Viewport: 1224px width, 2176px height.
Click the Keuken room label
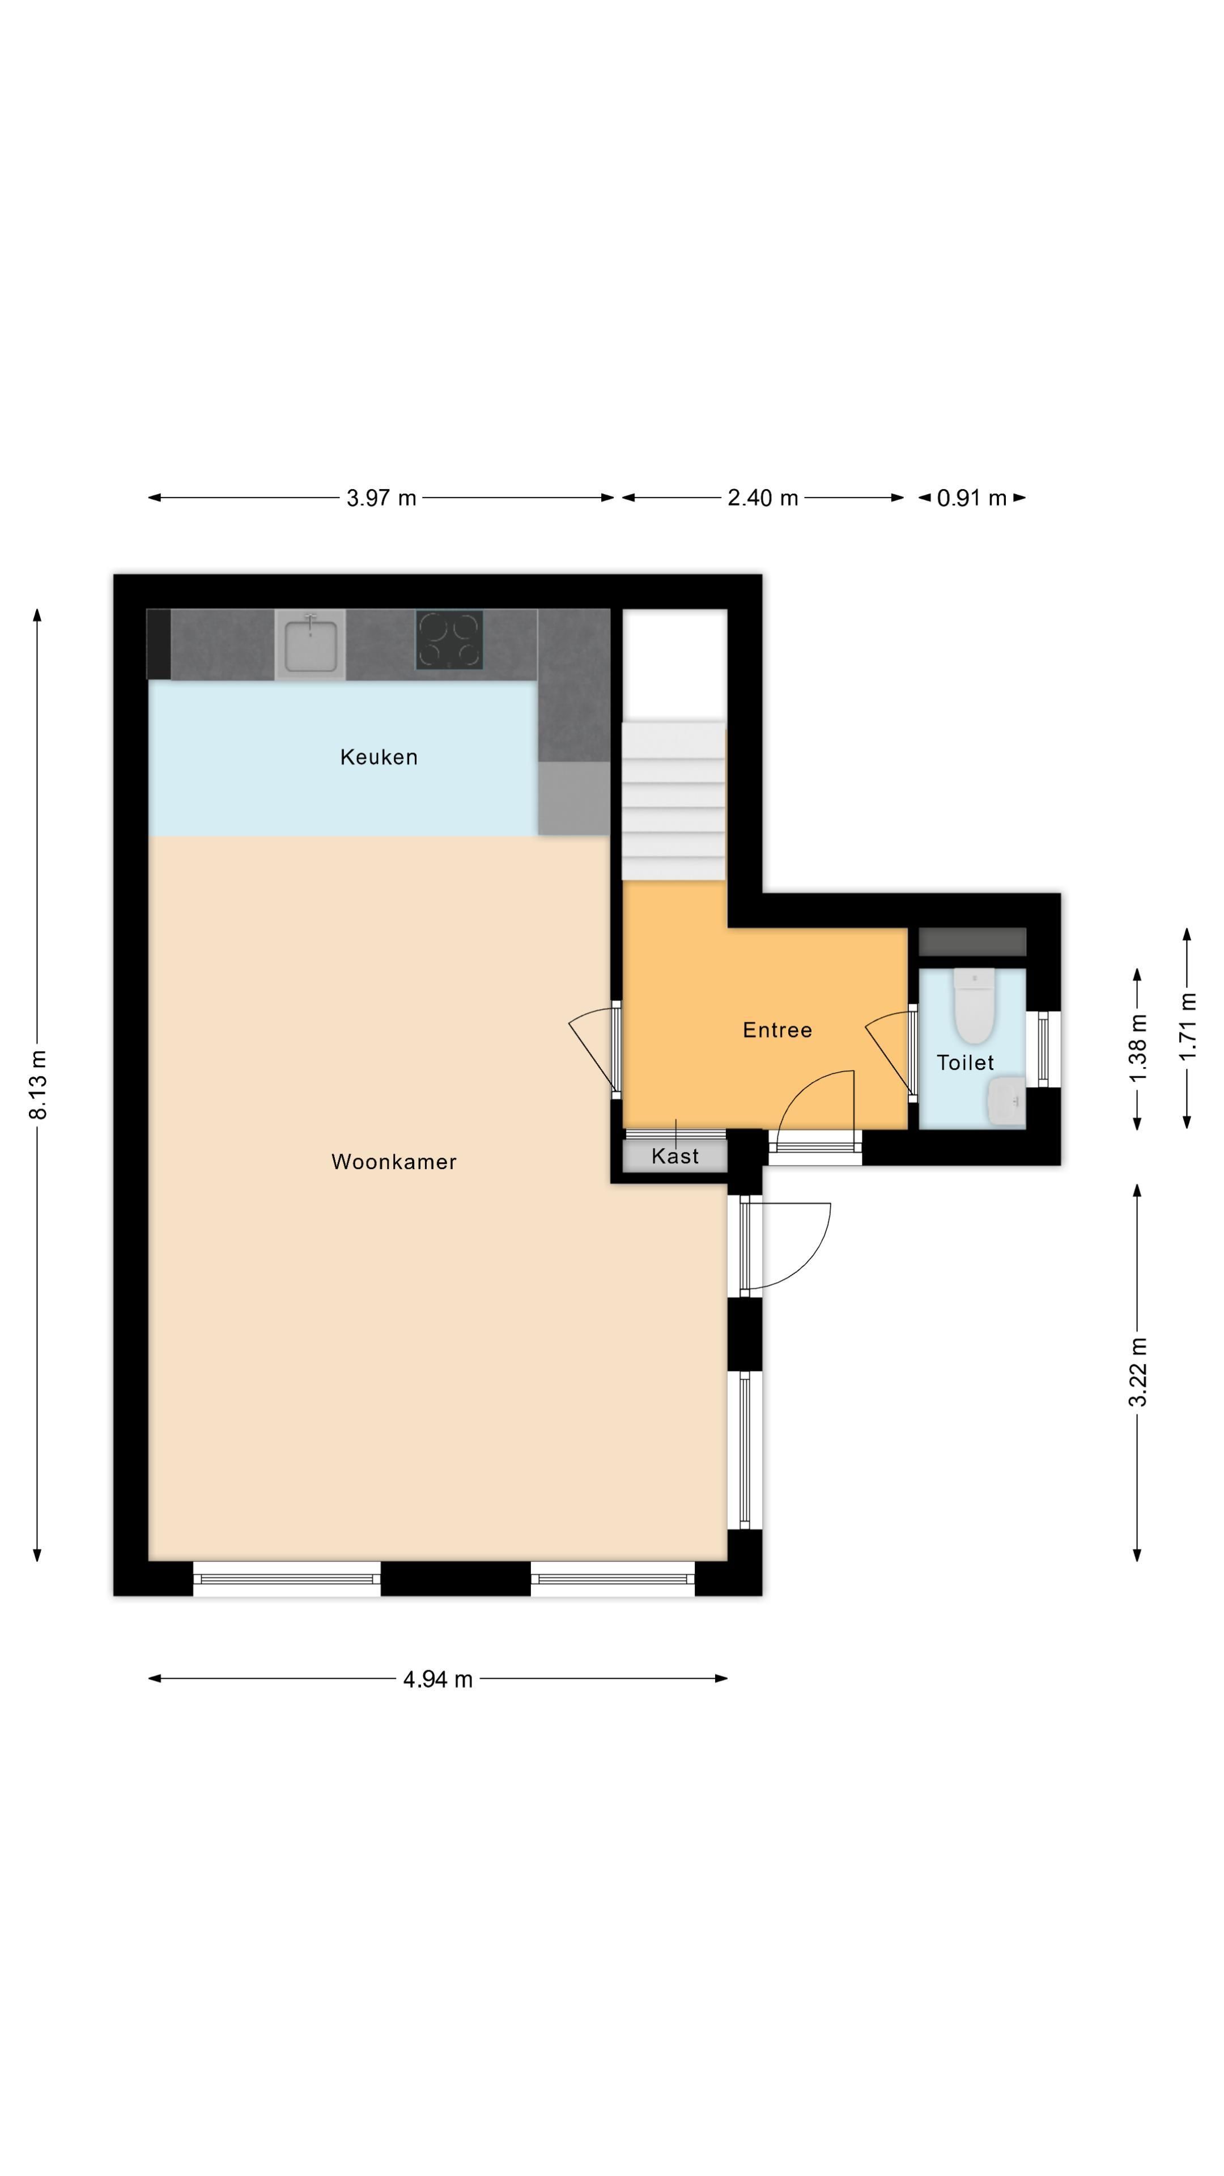pyautogui.click(x=379, y=757)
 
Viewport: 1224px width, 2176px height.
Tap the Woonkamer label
pyautogui.click(x=394, y=1162)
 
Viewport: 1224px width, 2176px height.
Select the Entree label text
pyautogui.click(x=776, y=1030)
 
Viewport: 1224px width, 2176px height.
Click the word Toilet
pyautogui.click(x=964, y=1062)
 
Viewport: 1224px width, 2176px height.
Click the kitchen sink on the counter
pyautogui.click(x=310, y=644)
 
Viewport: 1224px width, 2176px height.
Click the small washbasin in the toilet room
pyautogui.click(x=1006, y=1102)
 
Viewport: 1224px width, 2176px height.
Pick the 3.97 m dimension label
pyautogui.click(x=381, y=498)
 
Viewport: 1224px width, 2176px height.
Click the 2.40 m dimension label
pyautogui.click(x=762, y=498)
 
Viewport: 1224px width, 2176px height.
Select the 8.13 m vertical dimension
pyautogui.click(x=38, y=1085)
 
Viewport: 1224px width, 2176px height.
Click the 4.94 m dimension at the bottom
pyautogui.click(x=437, y=1679)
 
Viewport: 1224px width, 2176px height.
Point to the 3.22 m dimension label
pyautogui.click(x=1138, y=1372)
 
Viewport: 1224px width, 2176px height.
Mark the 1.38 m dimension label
pyautogui.click(x=1138, y=1047)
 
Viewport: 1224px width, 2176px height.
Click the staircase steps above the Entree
pyautogui.click(x=673, y=798)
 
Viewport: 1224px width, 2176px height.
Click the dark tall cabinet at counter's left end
pyautogui.click(x=158, y=644)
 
